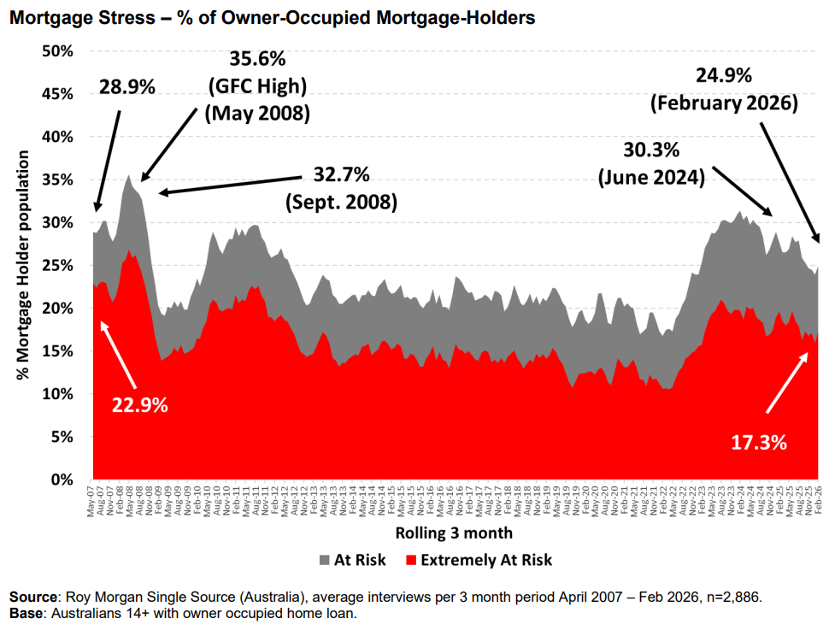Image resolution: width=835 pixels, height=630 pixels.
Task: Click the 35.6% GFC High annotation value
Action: pyautogui.click(x=257, y=61)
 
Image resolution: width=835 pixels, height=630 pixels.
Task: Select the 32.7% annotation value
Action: pyautogui.click(x=341, y=175)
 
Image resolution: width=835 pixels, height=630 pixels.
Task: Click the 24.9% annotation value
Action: pyautogui.click(x=723, y=75)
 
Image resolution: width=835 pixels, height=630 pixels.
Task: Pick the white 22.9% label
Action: pyautogui.click(x=139, y=403)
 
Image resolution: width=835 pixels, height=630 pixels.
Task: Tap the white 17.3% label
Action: pyautogui.click(x=758, y=442)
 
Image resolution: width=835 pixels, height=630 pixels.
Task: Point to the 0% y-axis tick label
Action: pyautogui.click(x=61, y=480)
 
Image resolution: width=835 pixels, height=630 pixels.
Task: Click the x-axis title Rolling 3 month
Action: pyautogui.click(x=454, y=533)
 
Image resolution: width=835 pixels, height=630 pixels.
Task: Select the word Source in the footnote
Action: pyautogui.click(x=33, y=596)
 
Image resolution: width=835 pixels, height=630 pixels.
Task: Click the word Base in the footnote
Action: pyautogui.click(x=26, y=612)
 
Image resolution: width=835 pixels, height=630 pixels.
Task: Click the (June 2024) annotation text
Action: pyautogui.click(x=650, y=178)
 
